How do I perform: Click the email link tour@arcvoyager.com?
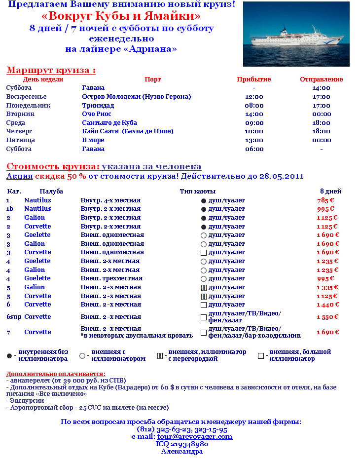[195, 437]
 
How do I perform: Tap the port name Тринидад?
[98, 106]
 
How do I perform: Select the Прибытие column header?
[254, 79]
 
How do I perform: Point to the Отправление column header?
[321, 79]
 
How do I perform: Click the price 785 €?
[325, 200]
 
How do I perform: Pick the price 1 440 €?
[327, 305]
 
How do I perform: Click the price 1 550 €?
[327, 317]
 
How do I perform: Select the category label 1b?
[9, 209]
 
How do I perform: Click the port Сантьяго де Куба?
[109, 123]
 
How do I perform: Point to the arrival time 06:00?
[254, 149]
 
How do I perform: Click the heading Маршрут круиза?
[51, 70]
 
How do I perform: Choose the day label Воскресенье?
[26, 97]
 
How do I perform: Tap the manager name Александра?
[181, 451]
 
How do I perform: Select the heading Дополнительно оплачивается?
[56, 374]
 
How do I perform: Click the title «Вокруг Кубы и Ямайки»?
[121, 16]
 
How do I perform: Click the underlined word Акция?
[19, 176]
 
